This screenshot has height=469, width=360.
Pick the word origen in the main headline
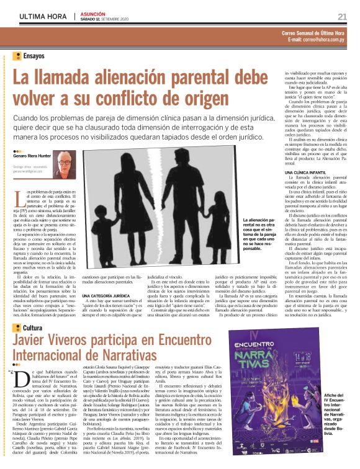click(201, 98)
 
